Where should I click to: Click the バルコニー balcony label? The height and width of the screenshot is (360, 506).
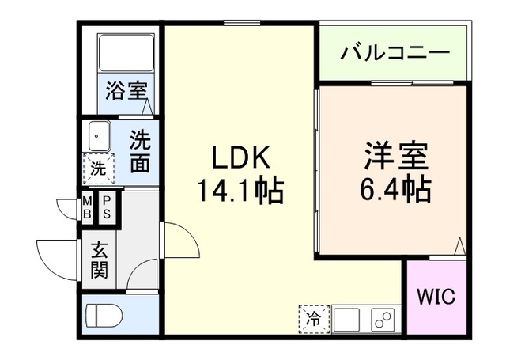click(395, 55)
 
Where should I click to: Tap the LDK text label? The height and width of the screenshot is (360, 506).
click(242, 158)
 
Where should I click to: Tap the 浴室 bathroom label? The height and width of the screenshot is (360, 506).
click(126, 90)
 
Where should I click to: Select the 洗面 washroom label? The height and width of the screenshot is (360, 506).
click(140, 152)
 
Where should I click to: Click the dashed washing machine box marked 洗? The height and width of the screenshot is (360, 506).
click(98, 168)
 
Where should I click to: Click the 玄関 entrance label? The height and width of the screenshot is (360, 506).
click(99, 261)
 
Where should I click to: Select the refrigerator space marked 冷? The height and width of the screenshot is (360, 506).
click(314, 320)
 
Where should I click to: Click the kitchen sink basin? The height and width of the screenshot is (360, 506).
click(346, 320)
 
